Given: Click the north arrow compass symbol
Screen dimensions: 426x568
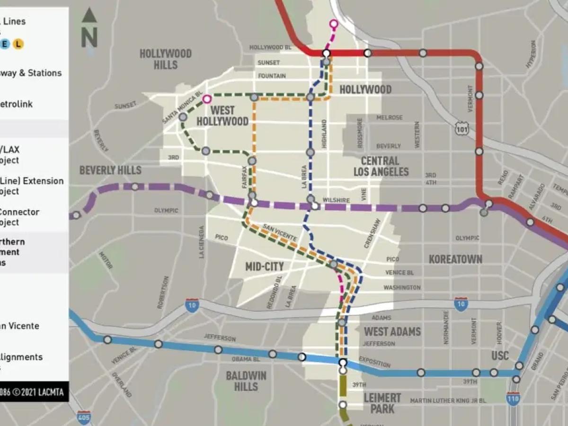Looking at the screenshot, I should click(x=89, y=28).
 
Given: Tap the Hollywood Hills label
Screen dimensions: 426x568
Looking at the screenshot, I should click(x=165, y=59).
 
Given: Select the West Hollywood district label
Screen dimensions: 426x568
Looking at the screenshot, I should click(x=222, y=116).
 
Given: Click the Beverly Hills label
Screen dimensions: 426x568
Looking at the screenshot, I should click(x=110, y=170).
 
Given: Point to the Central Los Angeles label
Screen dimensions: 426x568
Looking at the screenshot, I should click(x=381, y=166).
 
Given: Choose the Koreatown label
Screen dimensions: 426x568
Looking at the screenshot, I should click(x=455, y=259).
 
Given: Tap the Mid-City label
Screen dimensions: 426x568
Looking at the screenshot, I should click(x=265, y=266).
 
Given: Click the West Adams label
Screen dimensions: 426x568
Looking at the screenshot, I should click(x=392, y=331).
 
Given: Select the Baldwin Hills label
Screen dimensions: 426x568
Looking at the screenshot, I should click(x=246, y=381).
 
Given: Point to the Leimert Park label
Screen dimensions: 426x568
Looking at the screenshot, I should click(x=382, y=403).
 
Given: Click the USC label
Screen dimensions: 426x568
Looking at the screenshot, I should click(x=500, y=355).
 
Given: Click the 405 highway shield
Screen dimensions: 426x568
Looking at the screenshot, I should click(x=84, y=417).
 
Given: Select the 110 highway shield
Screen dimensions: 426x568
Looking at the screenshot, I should click(x=513, y=399).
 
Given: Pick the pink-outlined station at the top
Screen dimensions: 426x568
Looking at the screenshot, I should click(x=334, y=23).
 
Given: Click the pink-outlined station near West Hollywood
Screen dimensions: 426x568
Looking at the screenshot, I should click(x=207, y=99).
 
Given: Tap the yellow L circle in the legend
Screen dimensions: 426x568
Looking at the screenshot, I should click(x=18, y=44).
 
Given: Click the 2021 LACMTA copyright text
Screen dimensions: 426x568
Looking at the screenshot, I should click(x=35, y=392).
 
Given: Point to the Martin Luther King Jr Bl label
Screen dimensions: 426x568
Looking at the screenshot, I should click(x=448, y=401).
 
